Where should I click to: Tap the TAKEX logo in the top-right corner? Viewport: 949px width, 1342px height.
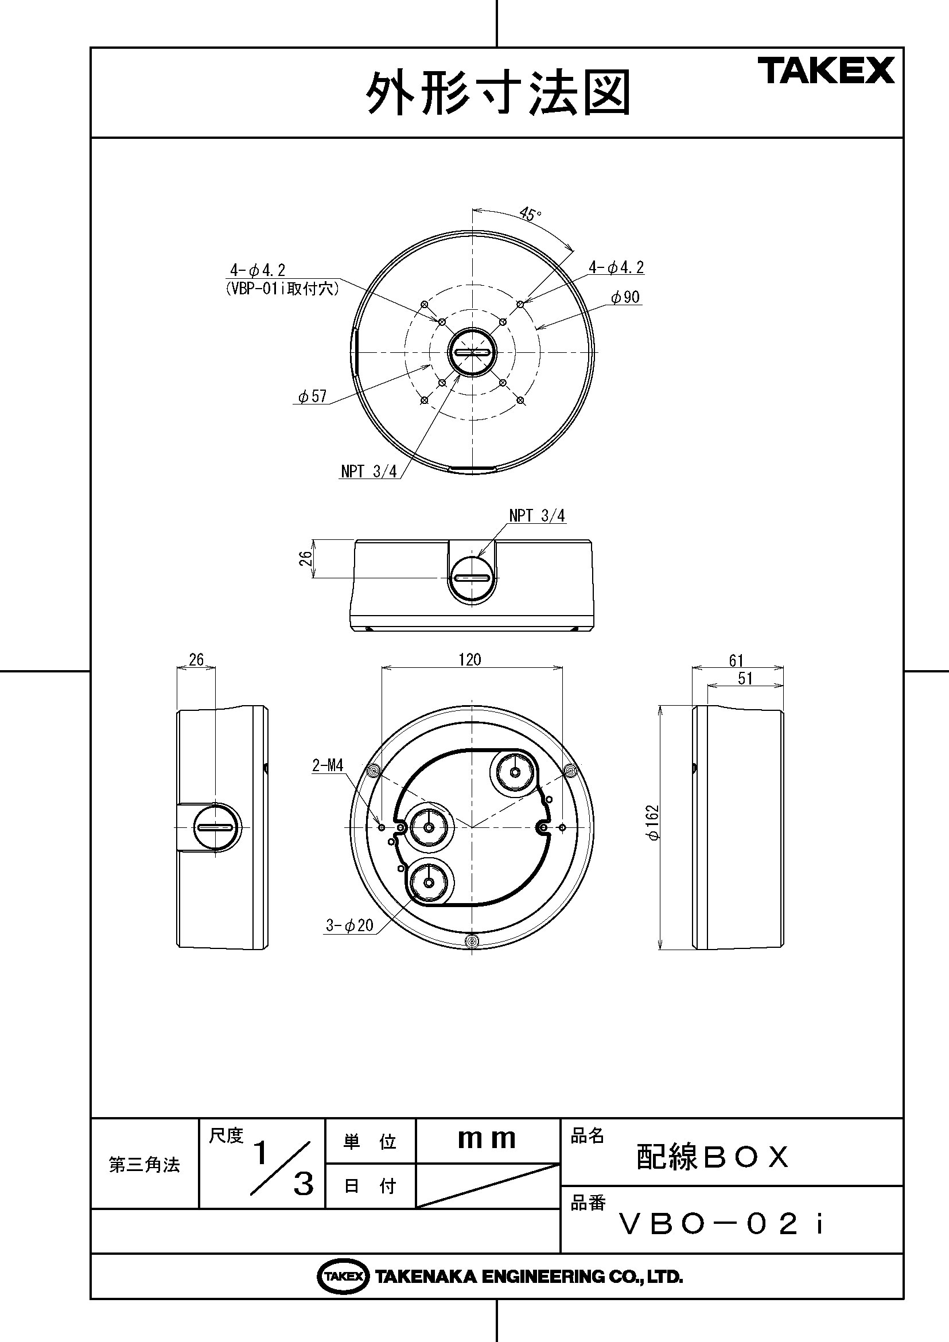pyautogui.click(x=826, y=71)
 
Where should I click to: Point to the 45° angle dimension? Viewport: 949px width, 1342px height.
pyautogui.click(x=530, y=215)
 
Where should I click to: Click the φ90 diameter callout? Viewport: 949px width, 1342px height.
pyautogui.click(x=625, y=297)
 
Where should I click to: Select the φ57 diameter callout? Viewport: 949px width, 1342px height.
pyautogui.click(x=312, y=396)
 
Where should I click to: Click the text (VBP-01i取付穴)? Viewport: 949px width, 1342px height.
pyautogui.click(x=282, y=289)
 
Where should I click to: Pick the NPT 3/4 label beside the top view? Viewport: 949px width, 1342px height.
pyautogui.click(x=369, y=471)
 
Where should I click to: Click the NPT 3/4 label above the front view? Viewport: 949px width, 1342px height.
pyautogui.click(x=536, y=516)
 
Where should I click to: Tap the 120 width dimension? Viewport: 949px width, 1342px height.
pyautogui.click(x=469, y=659)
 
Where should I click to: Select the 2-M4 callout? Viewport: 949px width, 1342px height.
pyautogui.click(x=328, y=765)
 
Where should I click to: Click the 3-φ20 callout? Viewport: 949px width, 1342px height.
pyautogui.click(x=349, y=925)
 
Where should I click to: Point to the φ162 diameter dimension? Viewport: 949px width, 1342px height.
pyautogui.click(x=653, y=822)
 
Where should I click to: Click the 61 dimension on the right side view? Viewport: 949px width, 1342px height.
pyautogui.click(x=736, y=660)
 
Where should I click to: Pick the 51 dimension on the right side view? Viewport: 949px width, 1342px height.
pyautogui.click(x=745, y=679)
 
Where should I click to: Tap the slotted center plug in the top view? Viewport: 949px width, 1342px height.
pyautogui.click(x=472, y=352)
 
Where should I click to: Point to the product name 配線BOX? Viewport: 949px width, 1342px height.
pyautogui.click(x=711, y=1156)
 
